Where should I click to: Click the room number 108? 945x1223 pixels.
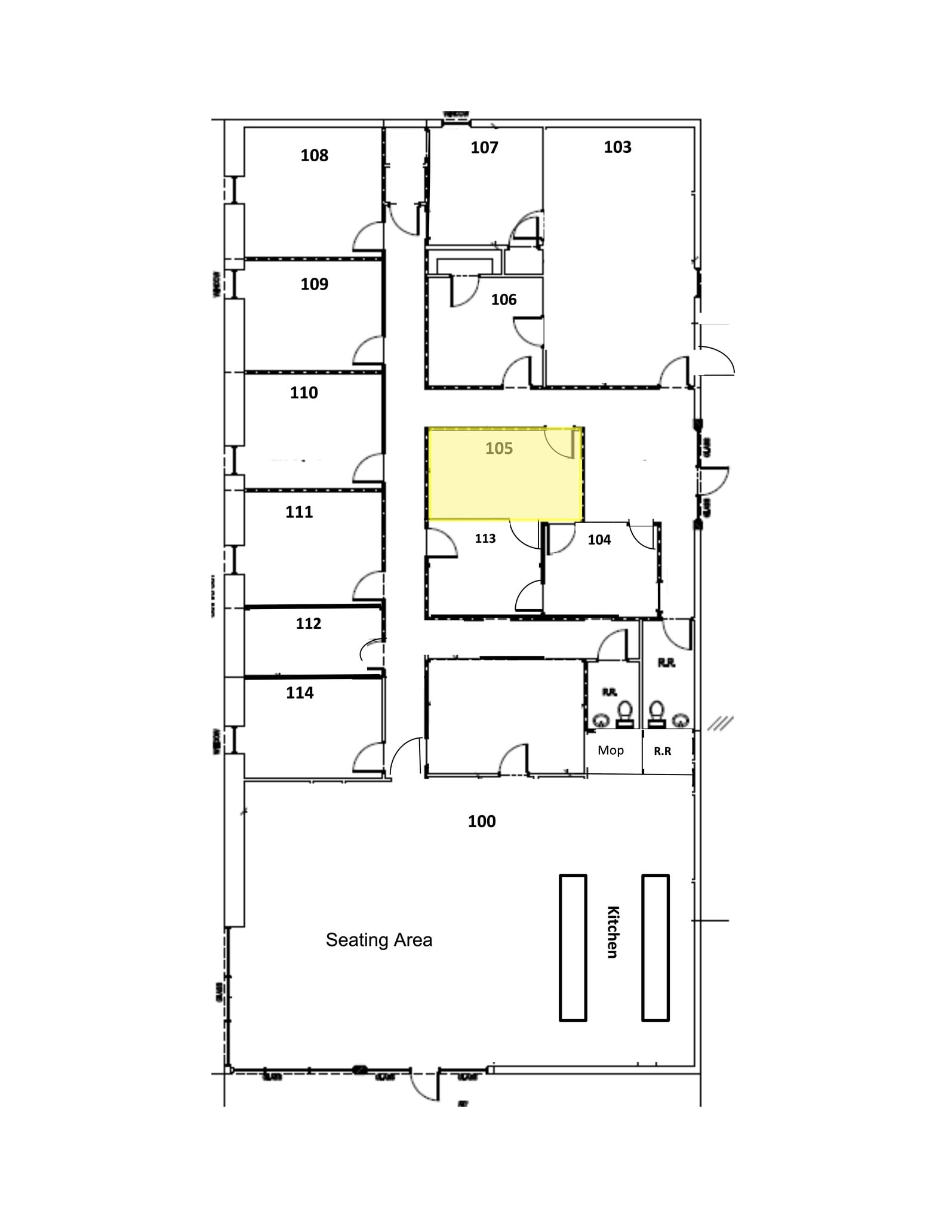click(314, 156)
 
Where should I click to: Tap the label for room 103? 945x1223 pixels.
click(617, 148)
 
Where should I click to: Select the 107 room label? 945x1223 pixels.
click(484, 148)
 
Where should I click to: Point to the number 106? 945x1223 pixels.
click(504, 300)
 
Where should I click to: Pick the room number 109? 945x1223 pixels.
click(314, 284)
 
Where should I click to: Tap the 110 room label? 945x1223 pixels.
click(304, 393)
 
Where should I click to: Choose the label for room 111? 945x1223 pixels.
click(299, 512)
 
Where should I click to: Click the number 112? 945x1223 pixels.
click(309, 623)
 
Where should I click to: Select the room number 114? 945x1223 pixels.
click(300, 693)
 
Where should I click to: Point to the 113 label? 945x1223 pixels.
click(485, 539)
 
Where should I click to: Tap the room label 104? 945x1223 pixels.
click(599, 540)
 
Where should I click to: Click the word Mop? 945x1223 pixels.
click(611, 751)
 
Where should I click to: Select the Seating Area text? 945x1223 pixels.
click(379, 940)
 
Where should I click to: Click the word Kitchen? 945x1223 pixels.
click(613, 932)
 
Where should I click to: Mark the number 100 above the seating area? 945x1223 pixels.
click(482, 822)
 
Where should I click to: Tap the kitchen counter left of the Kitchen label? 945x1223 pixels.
click(573, 948)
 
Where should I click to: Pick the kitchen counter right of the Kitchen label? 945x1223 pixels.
click(655, 948)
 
